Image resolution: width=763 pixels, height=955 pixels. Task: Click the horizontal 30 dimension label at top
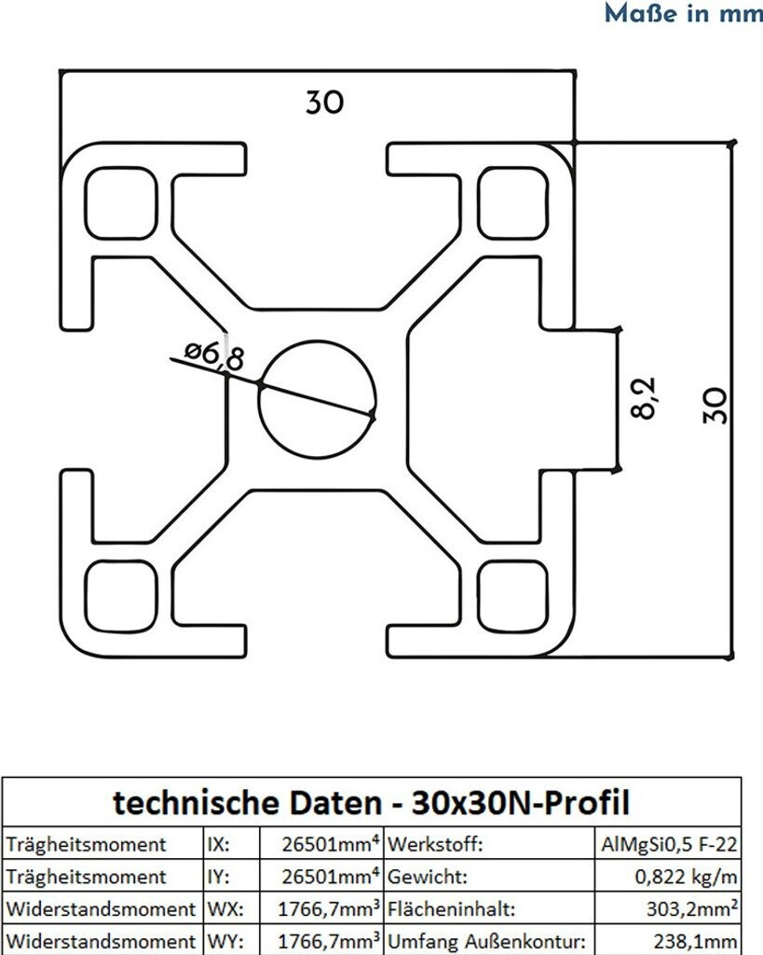pos(324,102)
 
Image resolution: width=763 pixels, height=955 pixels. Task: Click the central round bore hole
pos(318,398)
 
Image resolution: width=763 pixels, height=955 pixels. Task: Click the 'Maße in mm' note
pos(683,14)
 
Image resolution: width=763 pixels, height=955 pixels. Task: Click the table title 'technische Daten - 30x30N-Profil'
pos(372,801)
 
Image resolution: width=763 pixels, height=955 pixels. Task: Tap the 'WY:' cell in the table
pos(219,940)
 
